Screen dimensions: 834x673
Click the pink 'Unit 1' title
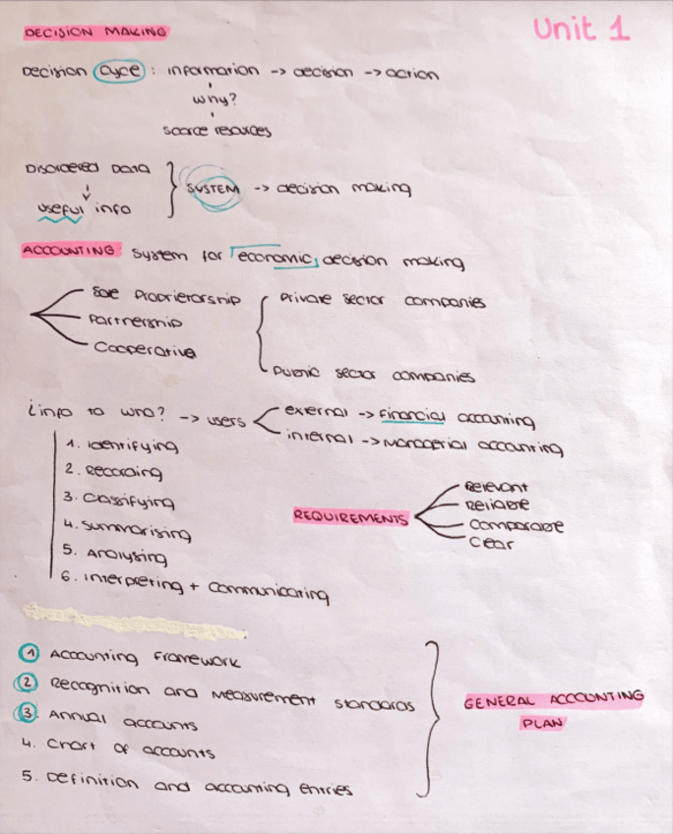(x=581, y=29)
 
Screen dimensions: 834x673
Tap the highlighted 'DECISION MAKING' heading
(x=95, y=32)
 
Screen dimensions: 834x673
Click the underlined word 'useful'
(x=59, y=209)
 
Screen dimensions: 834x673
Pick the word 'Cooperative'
(x=146, y=349)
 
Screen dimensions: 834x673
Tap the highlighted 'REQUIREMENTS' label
(x=350, y=516)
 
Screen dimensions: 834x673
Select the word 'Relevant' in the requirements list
(x=496, y=487)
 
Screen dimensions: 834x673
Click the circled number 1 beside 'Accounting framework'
(x=31, y=653)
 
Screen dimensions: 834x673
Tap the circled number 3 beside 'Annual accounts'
(x=31, y=714)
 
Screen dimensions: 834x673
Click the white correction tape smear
(x=133, y=617)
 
